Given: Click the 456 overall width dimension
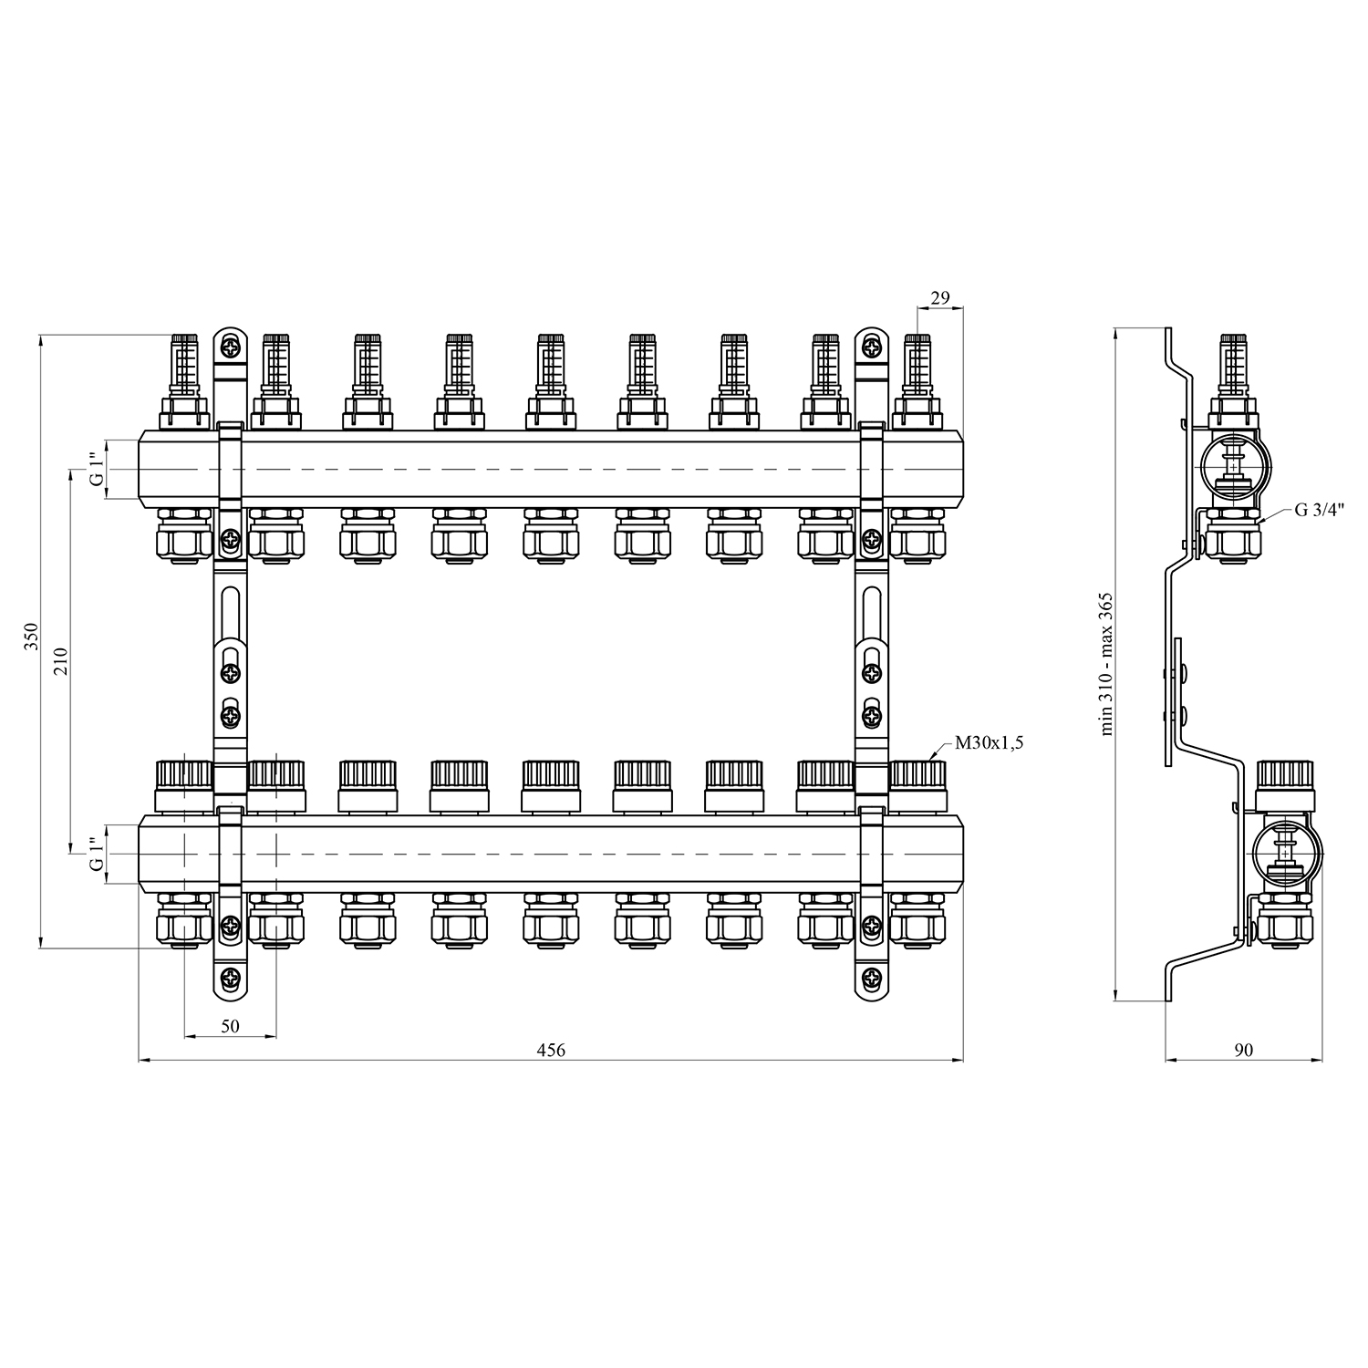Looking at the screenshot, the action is pos(551,1050).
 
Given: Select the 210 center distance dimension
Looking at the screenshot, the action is pos(61,660).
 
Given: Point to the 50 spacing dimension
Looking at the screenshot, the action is pos(230,1026).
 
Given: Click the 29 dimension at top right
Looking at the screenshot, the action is pos(940,297).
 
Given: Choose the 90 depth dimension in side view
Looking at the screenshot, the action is pos(1244,1050).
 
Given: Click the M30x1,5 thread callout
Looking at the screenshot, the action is pos(990,743).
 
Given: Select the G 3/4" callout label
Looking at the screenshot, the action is pos(1321,510).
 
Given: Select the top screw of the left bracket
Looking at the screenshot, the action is pos(230,347).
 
